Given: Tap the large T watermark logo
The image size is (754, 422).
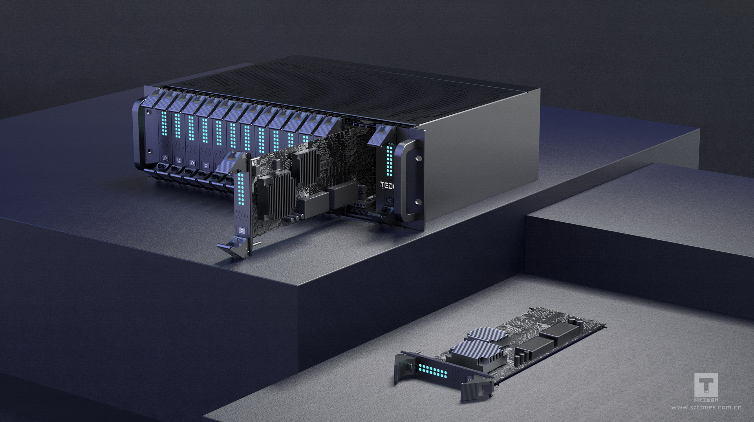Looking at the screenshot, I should (706, 385).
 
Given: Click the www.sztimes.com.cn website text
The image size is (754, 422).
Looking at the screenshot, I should (706, 407).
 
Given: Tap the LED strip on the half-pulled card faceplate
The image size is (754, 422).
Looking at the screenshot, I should (240, 190).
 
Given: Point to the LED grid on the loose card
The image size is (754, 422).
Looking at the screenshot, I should (433, 371).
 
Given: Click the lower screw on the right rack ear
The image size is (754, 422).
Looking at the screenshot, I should (419, 202).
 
